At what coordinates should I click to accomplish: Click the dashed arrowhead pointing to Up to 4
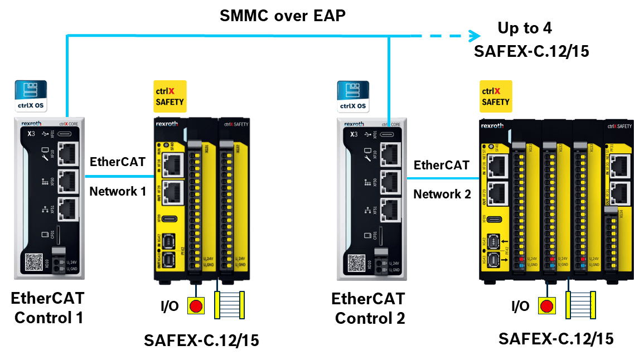[x=473, y=36]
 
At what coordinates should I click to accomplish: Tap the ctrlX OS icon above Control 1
[x=31, y=96]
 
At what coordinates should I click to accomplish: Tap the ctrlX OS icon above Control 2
[x=354, y=96]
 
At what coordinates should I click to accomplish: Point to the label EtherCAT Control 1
[x=48, y=308]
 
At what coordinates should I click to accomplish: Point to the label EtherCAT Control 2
[x=369, y=308]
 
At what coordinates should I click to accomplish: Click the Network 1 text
[x=118, y=191]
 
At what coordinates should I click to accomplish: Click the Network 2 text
[x=442, y=194]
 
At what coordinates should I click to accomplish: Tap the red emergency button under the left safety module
[x=196, y=306]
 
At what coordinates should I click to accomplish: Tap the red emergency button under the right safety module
[x=547, y=306]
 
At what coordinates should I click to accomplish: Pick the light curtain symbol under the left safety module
[x=230, y=305]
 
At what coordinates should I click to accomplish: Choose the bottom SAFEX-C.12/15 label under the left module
[x=201, y=340]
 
